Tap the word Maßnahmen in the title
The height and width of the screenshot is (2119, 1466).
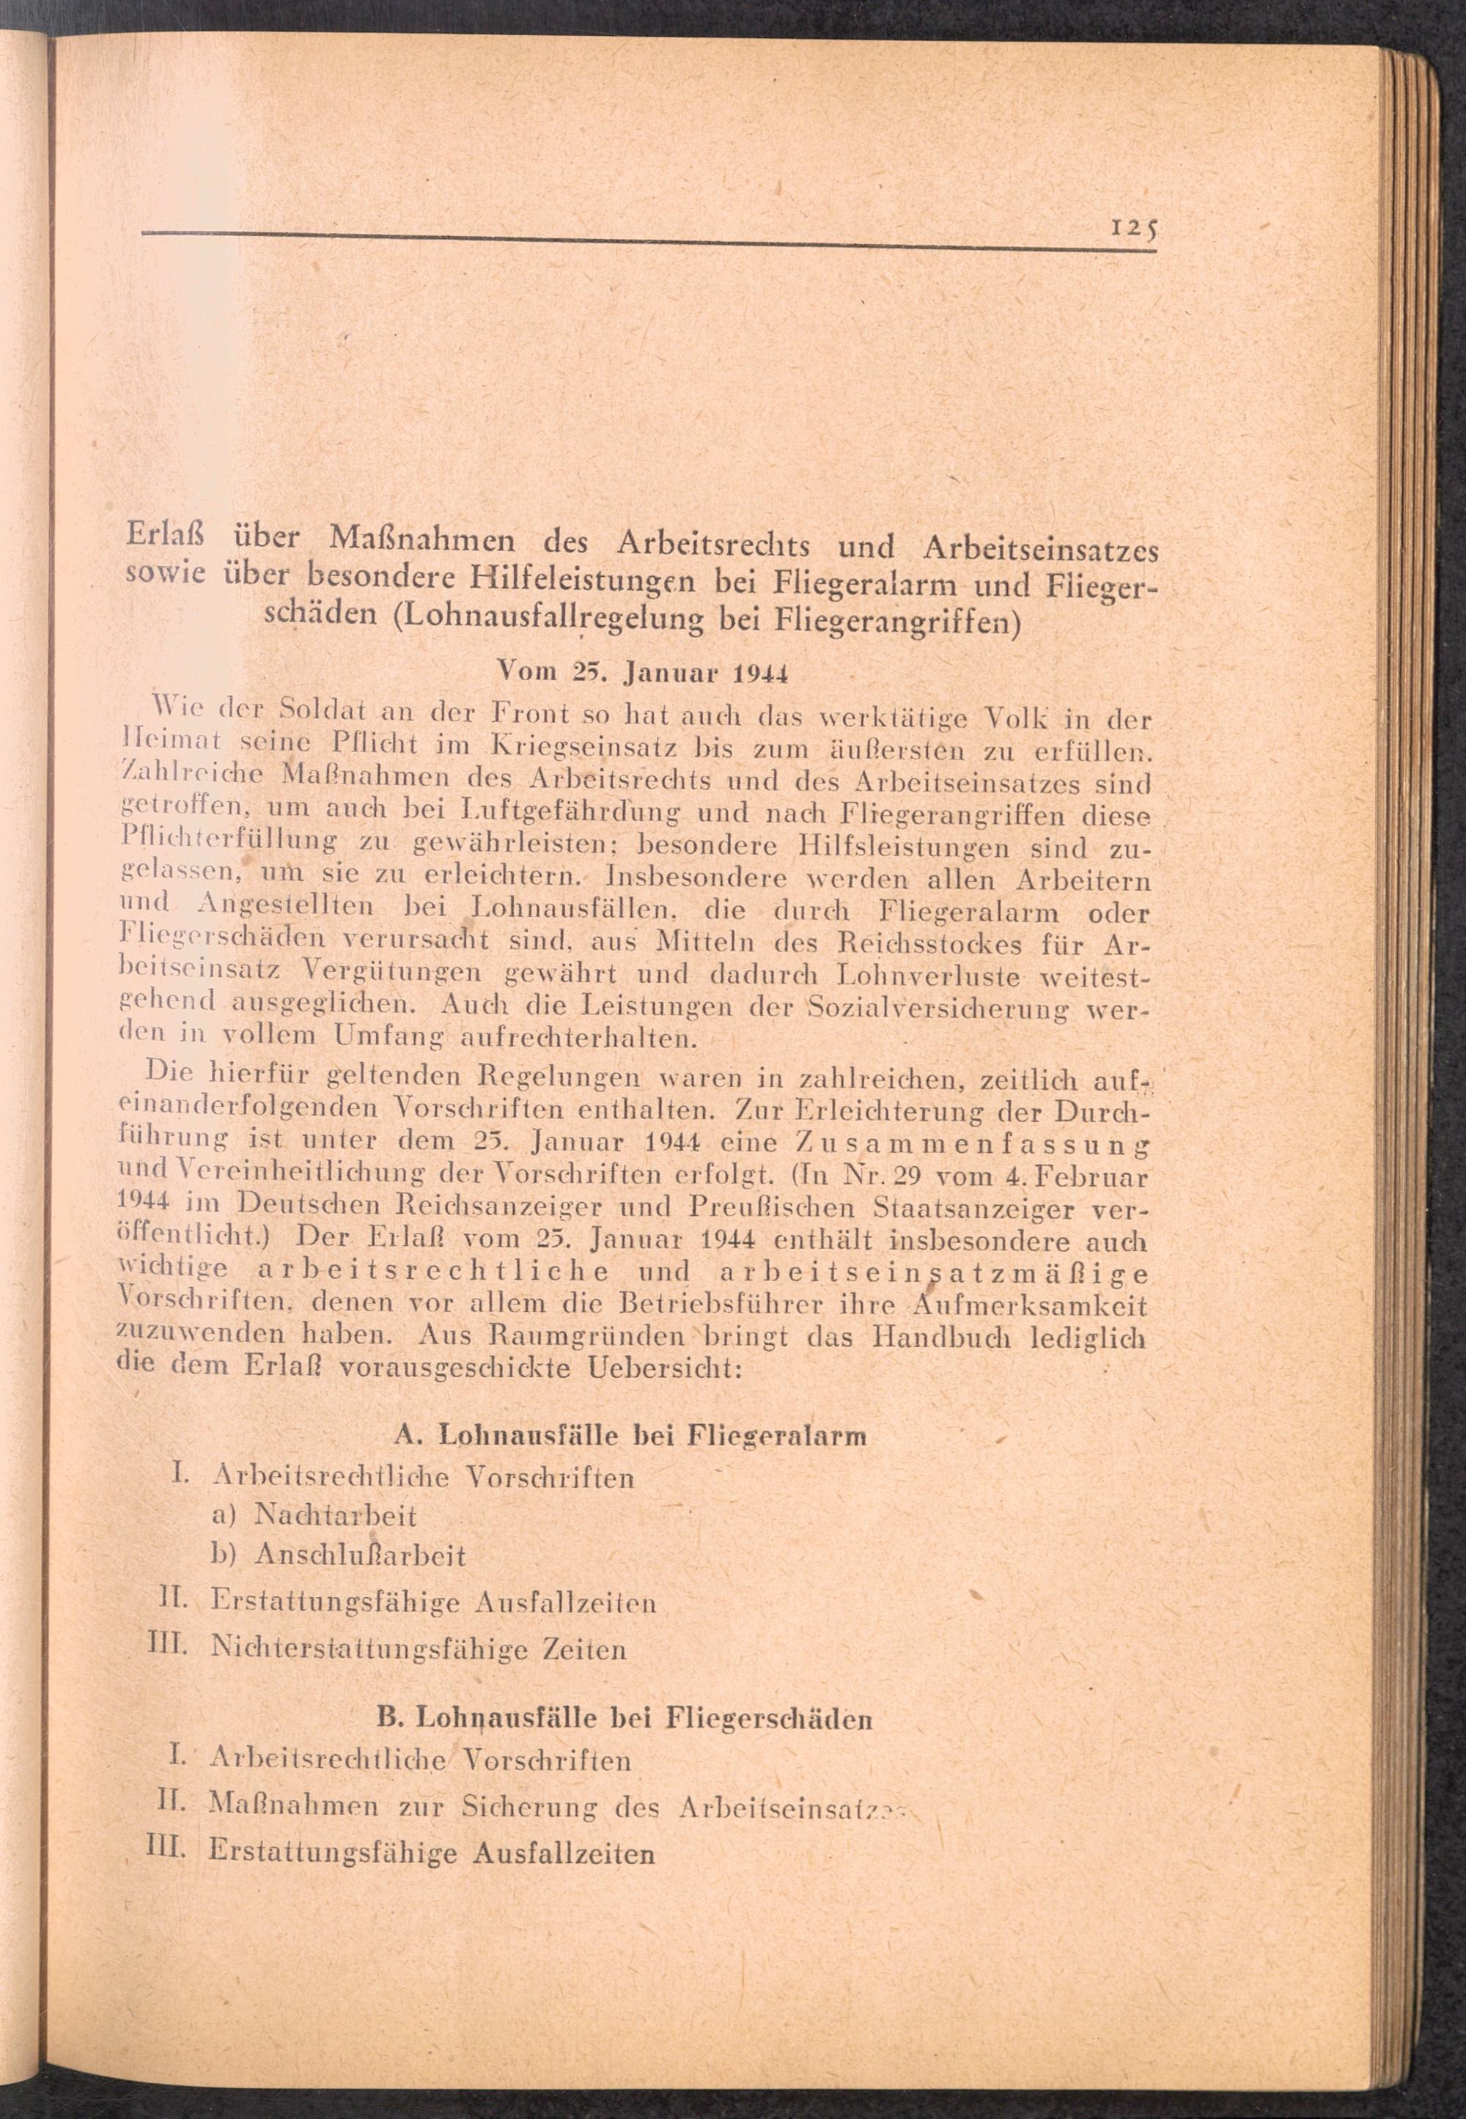click(424, 537)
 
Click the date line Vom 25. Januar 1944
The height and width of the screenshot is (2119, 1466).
click(643, 671)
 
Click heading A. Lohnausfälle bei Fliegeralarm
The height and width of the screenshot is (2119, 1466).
click(629, 1434)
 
